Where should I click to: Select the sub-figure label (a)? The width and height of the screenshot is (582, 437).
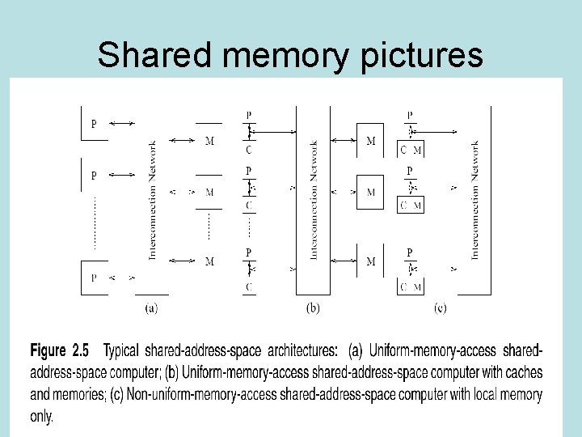coord(151,308)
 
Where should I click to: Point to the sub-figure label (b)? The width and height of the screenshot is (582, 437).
coord(313,308)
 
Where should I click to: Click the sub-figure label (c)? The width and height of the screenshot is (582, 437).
coord(441,308)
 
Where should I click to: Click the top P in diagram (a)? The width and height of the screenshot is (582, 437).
coord(94,125)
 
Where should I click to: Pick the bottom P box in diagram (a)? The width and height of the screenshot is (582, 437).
coord(95,278)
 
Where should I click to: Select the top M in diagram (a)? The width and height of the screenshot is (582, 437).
coord(209,142)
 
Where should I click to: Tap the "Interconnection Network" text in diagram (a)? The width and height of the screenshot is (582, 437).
coord(152,200)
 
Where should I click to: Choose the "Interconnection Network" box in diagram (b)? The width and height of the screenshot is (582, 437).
coord(313,200)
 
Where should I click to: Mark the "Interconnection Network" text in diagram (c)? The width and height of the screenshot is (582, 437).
coord(474,200)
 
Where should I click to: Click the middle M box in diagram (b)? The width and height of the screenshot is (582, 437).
coord(370,193)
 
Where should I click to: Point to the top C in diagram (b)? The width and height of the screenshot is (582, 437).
coord(249,149)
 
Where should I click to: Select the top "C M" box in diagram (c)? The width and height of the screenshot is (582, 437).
coord(411,149)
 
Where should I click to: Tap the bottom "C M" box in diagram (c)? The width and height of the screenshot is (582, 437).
coord(411,286)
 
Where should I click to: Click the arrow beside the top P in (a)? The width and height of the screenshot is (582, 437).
coord(122,123)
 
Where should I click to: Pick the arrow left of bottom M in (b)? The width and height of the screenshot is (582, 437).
coord(343,261)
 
